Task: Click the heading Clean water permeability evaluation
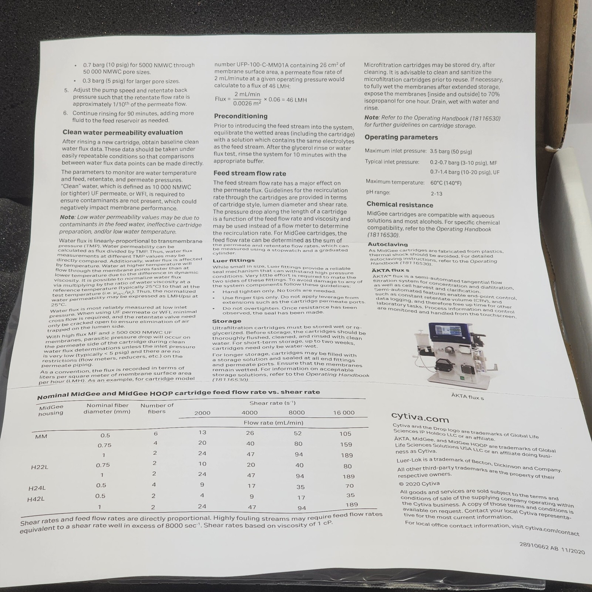[122, 132]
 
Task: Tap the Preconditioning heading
[240, 116]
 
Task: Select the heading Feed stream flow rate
[250, 174]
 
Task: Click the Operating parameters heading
[401, 137]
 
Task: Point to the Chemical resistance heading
[400, 205]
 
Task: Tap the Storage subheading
[226, 321]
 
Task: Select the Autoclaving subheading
[388, 245]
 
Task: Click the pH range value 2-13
[436, 194]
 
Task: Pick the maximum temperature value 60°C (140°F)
[446, 183]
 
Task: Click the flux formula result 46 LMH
[295, 100]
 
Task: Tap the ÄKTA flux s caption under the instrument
[467, 397]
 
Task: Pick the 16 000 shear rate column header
[343, 413]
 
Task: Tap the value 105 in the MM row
[346, 434]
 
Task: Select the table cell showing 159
[346, 444]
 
